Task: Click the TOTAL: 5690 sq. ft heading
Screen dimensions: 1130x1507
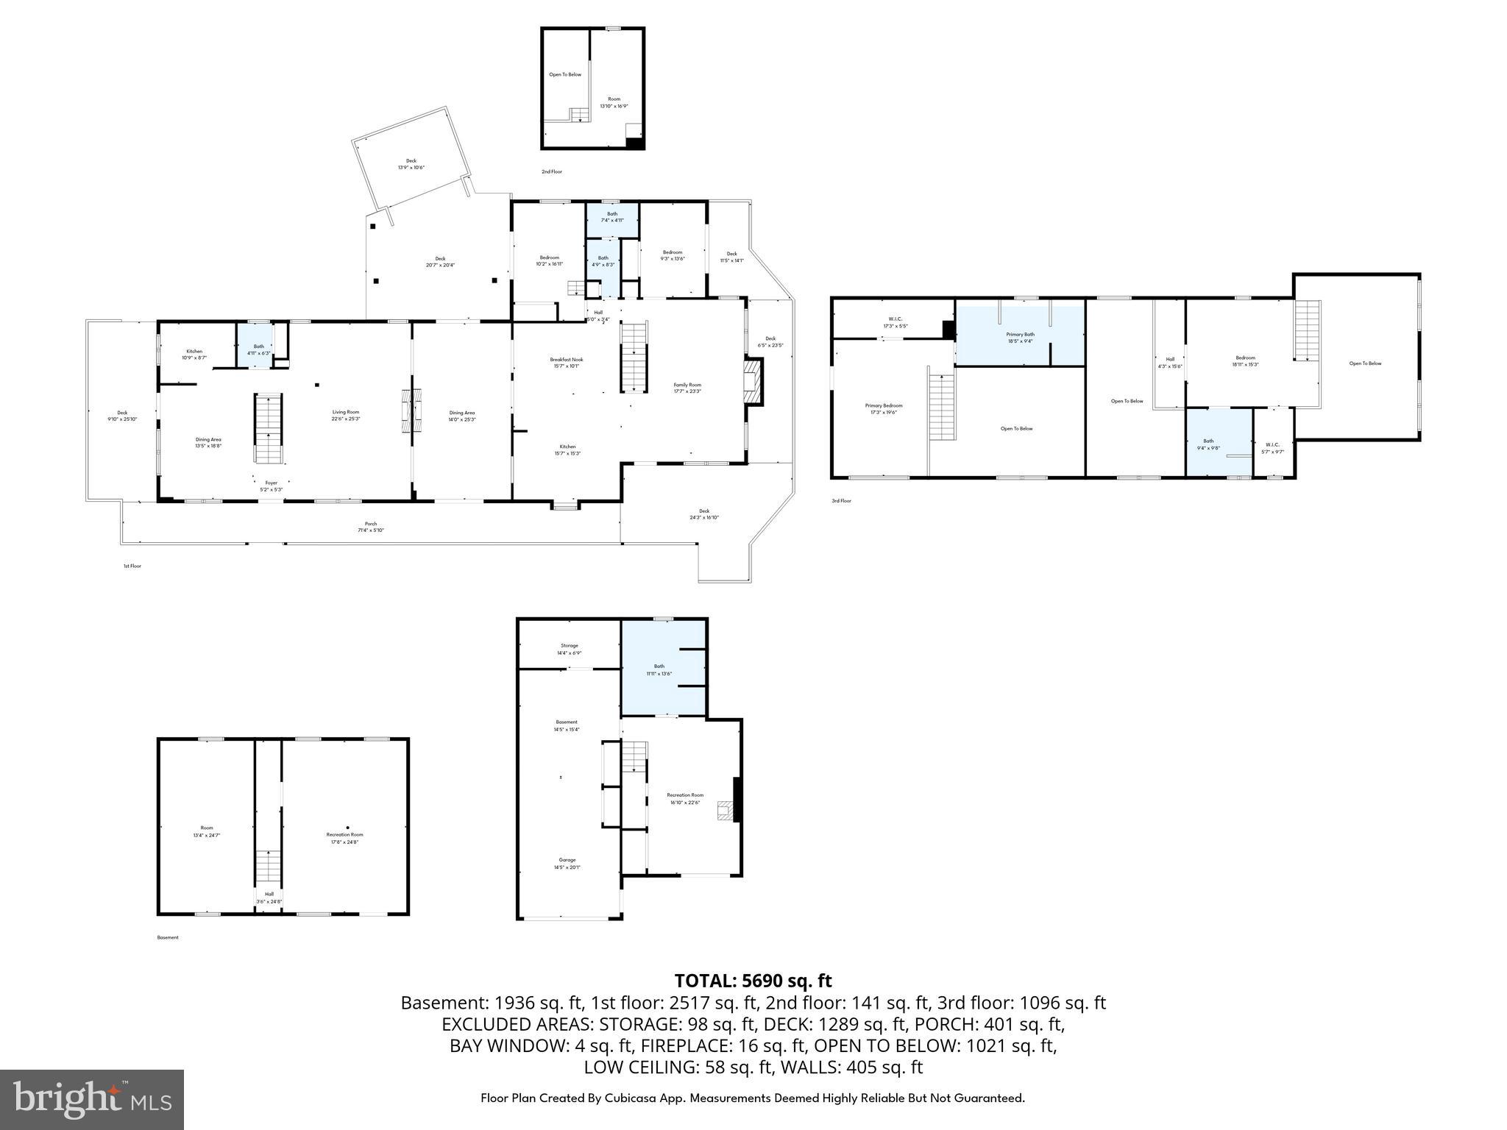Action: [x=753, y=981]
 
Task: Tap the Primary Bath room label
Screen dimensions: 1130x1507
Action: [x=1020, y=338]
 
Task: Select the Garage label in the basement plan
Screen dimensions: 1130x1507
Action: [x=567, y=863]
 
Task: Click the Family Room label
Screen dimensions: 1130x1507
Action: [x=687, y=388]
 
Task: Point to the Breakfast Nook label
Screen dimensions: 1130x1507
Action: [x=566, y=363]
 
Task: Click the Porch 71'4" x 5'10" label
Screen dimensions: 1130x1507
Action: [x=371, y=527]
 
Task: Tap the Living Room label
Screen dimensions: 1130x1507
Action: [x=345, y=415]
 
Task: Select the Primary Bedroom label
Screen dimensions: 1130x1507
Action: [x=883, y=409]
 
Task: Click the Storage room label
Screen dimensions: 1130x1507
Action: [x=569, y=649]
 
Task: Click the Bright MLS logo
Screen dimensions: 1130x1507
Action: [x=92, y=1099]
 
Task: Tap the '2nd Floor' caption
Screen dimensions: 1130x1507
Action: [x=551, y=171]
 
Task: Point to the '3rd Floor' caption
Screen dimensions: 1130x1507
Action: [x=841, y=501]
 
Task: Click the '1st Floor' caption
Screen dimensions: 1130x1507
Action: [x=132, y=566]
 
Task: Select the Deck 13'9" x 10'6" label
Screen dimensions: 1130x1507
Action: [x=411, y=164]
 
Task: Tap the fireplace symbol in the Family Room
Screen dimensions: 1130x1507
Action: [x=753, y=381]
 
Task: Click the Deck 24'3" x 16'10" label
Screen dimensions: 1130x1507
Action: [x=703, y=514]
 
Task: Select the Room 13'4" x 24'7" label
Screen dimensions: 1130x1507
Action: [x=206, y=831]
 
